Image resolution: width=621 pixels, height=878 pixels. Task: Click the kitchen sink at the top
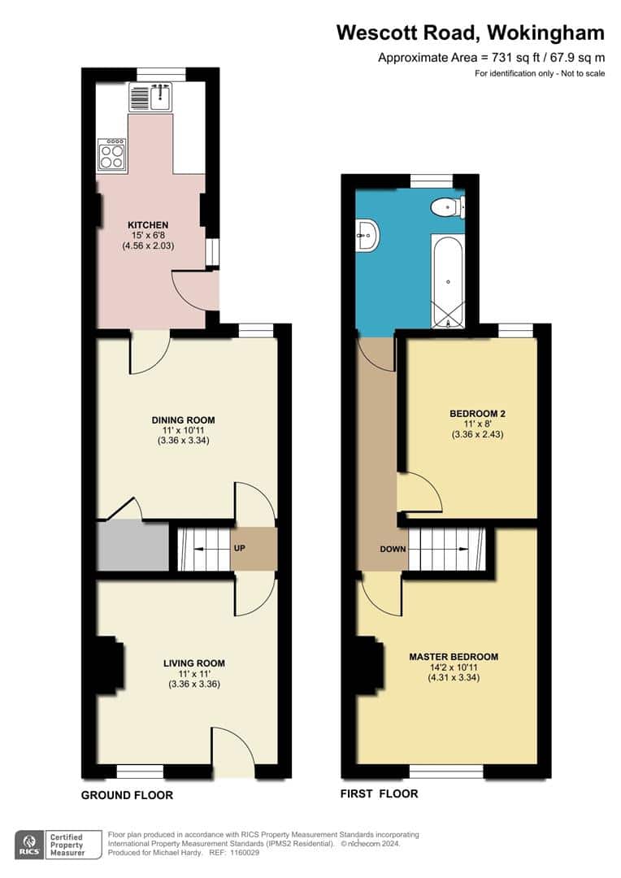150,98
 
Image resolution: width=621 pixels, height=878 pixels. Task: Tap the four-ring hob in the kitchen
112,154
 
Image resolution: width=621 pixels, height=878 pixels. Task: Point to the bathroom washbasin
367,236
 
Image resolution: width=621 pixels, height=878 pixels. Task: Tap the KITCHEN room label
147,225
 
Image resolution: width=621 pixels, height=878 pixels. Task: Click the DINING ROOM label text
183,420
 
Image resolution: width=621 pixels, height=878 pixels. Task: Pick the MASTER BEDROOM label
454,657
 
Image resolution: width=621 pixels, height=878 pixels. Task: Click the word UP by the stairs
240,549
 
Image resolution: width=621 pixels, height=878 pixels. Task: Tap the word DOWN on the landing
393,549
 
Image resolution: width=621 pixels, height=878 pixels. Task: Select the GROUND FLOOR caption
127,795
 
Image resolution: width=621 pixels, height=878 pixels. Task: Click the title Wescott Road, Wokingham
471,33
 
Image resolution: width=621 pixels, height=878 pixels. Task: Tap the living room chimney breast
109,667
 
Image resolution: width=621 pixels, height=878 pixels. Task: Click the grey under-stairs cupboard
132,547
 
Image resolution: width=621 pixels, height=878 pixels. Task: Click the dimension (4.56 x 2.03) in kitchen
148,245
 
